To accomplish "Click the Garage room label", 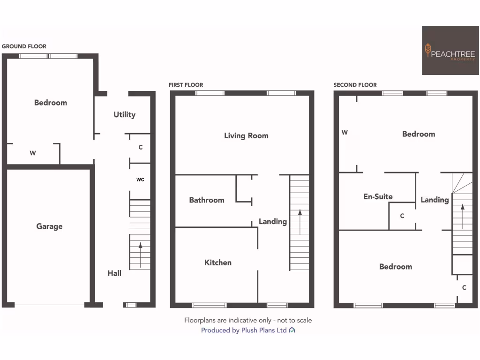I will [x=49, y=226].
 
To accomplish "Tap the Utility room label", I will [x=124, y=114].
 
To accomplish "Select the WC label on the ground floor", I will [x=140, y=180].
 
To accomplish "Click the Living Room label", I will [x=246, y=136].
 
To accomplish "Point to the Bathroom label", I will [x=207, y=200].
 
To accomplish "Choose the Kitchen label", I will [x=218, y=262].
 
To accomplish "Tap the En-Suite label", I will [x=378, y=197].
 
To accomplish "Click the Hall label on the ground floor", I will [x=114, y=273].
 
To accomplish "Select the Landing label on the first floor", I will [x=273, y=222].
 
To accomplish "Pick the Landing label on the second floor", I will [x=435, y=200].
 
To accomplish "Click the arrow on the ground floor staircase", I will [x=140, y=251].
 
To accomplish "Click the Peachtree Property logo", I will [x=450, y=51].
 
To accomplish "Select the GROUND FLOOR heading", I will [x=24, y=46].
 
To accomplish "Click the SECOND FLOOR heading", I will [x=355, y=85].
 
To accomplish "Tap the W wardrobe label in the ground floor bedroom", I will [x=33, y=153].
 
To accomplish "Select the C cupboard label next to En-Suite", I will [x=402, y=216].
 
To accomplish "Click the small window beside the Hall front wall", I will [x=131, y=305].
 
